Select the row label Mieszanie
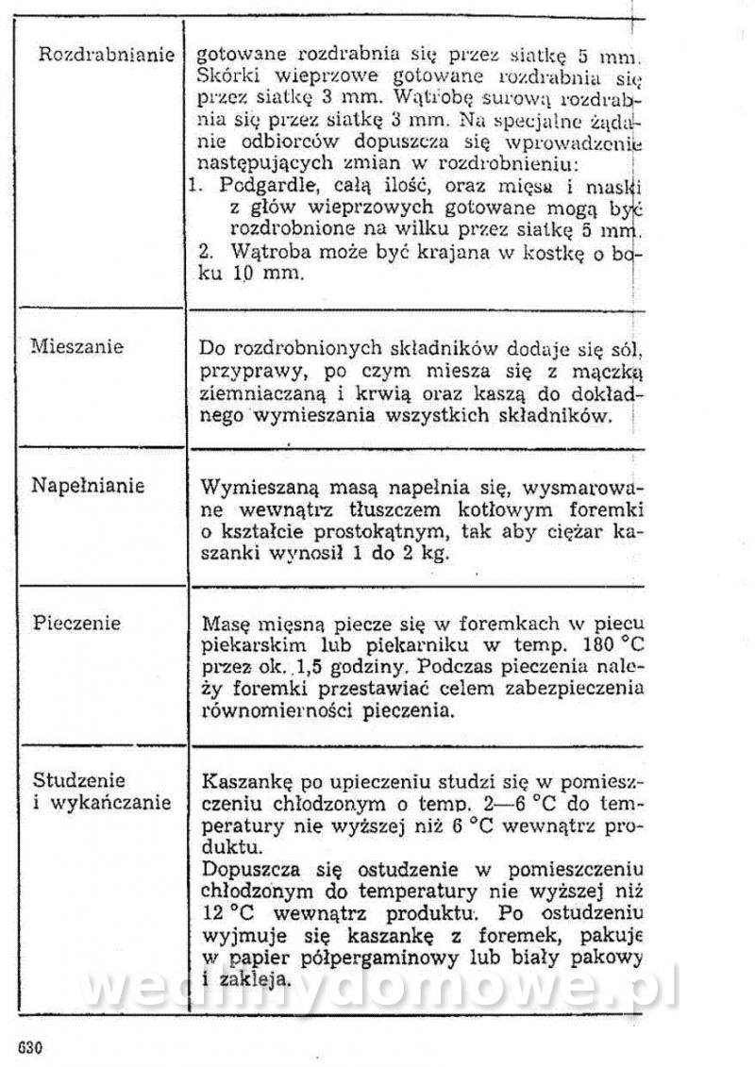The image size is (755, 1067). coord(77,346)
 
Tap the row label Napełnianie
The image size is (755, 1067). coord(88,486)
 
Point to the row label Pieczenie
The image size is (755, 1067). coord(77,624)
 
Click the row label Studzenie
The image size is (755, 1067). coord(79,780)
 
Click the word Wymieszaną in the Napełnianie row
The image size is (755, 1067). coord(252,490)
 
